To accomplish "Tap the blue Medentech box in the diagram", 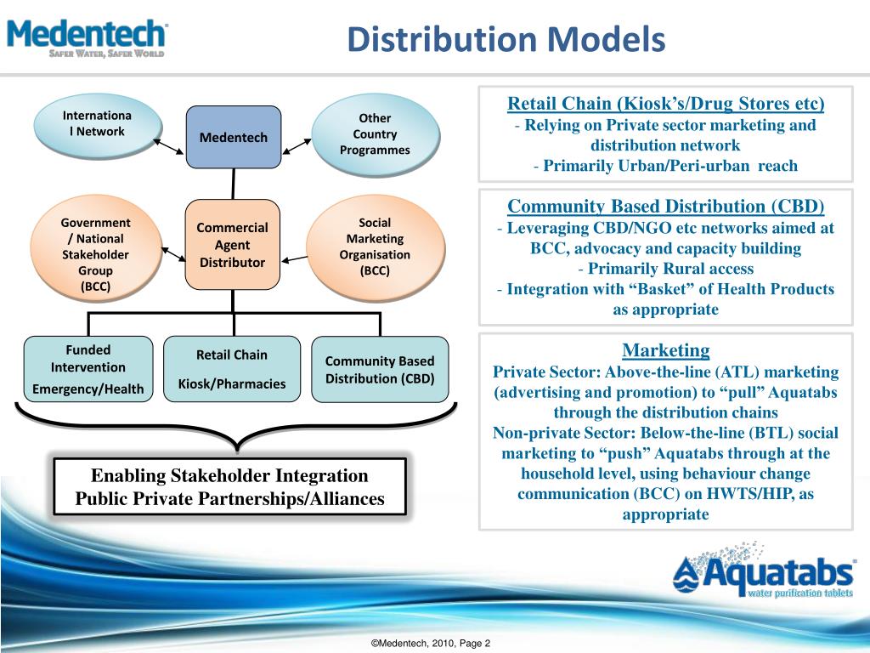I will click(233, 137).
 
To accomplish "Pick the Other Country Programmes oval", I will click(375, 134).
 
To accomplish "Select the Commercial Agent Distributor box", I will click(232, 245).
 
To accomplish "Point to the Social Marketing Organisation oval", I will click(375, 247).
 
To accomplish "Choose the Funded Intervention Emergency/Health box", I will click(88, 369).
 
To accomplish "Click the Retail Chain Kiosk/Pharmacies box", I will click(232, 369).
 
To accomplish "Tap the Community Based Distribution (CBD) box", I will click(379, 369).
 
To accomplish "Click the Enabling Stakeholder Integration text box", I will click(230, 487).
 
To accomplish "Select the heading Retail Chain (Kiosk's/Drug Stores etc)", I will click(665, 104).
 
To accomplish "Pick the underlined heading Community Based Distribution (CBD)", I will click(665, 206).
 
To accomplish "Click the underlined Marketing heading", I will click(665, 349).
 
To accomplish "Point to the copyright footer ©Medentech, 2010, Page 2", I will click(431, 644).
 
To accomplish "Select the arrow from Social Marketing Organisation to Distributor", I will click(295, 258).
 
